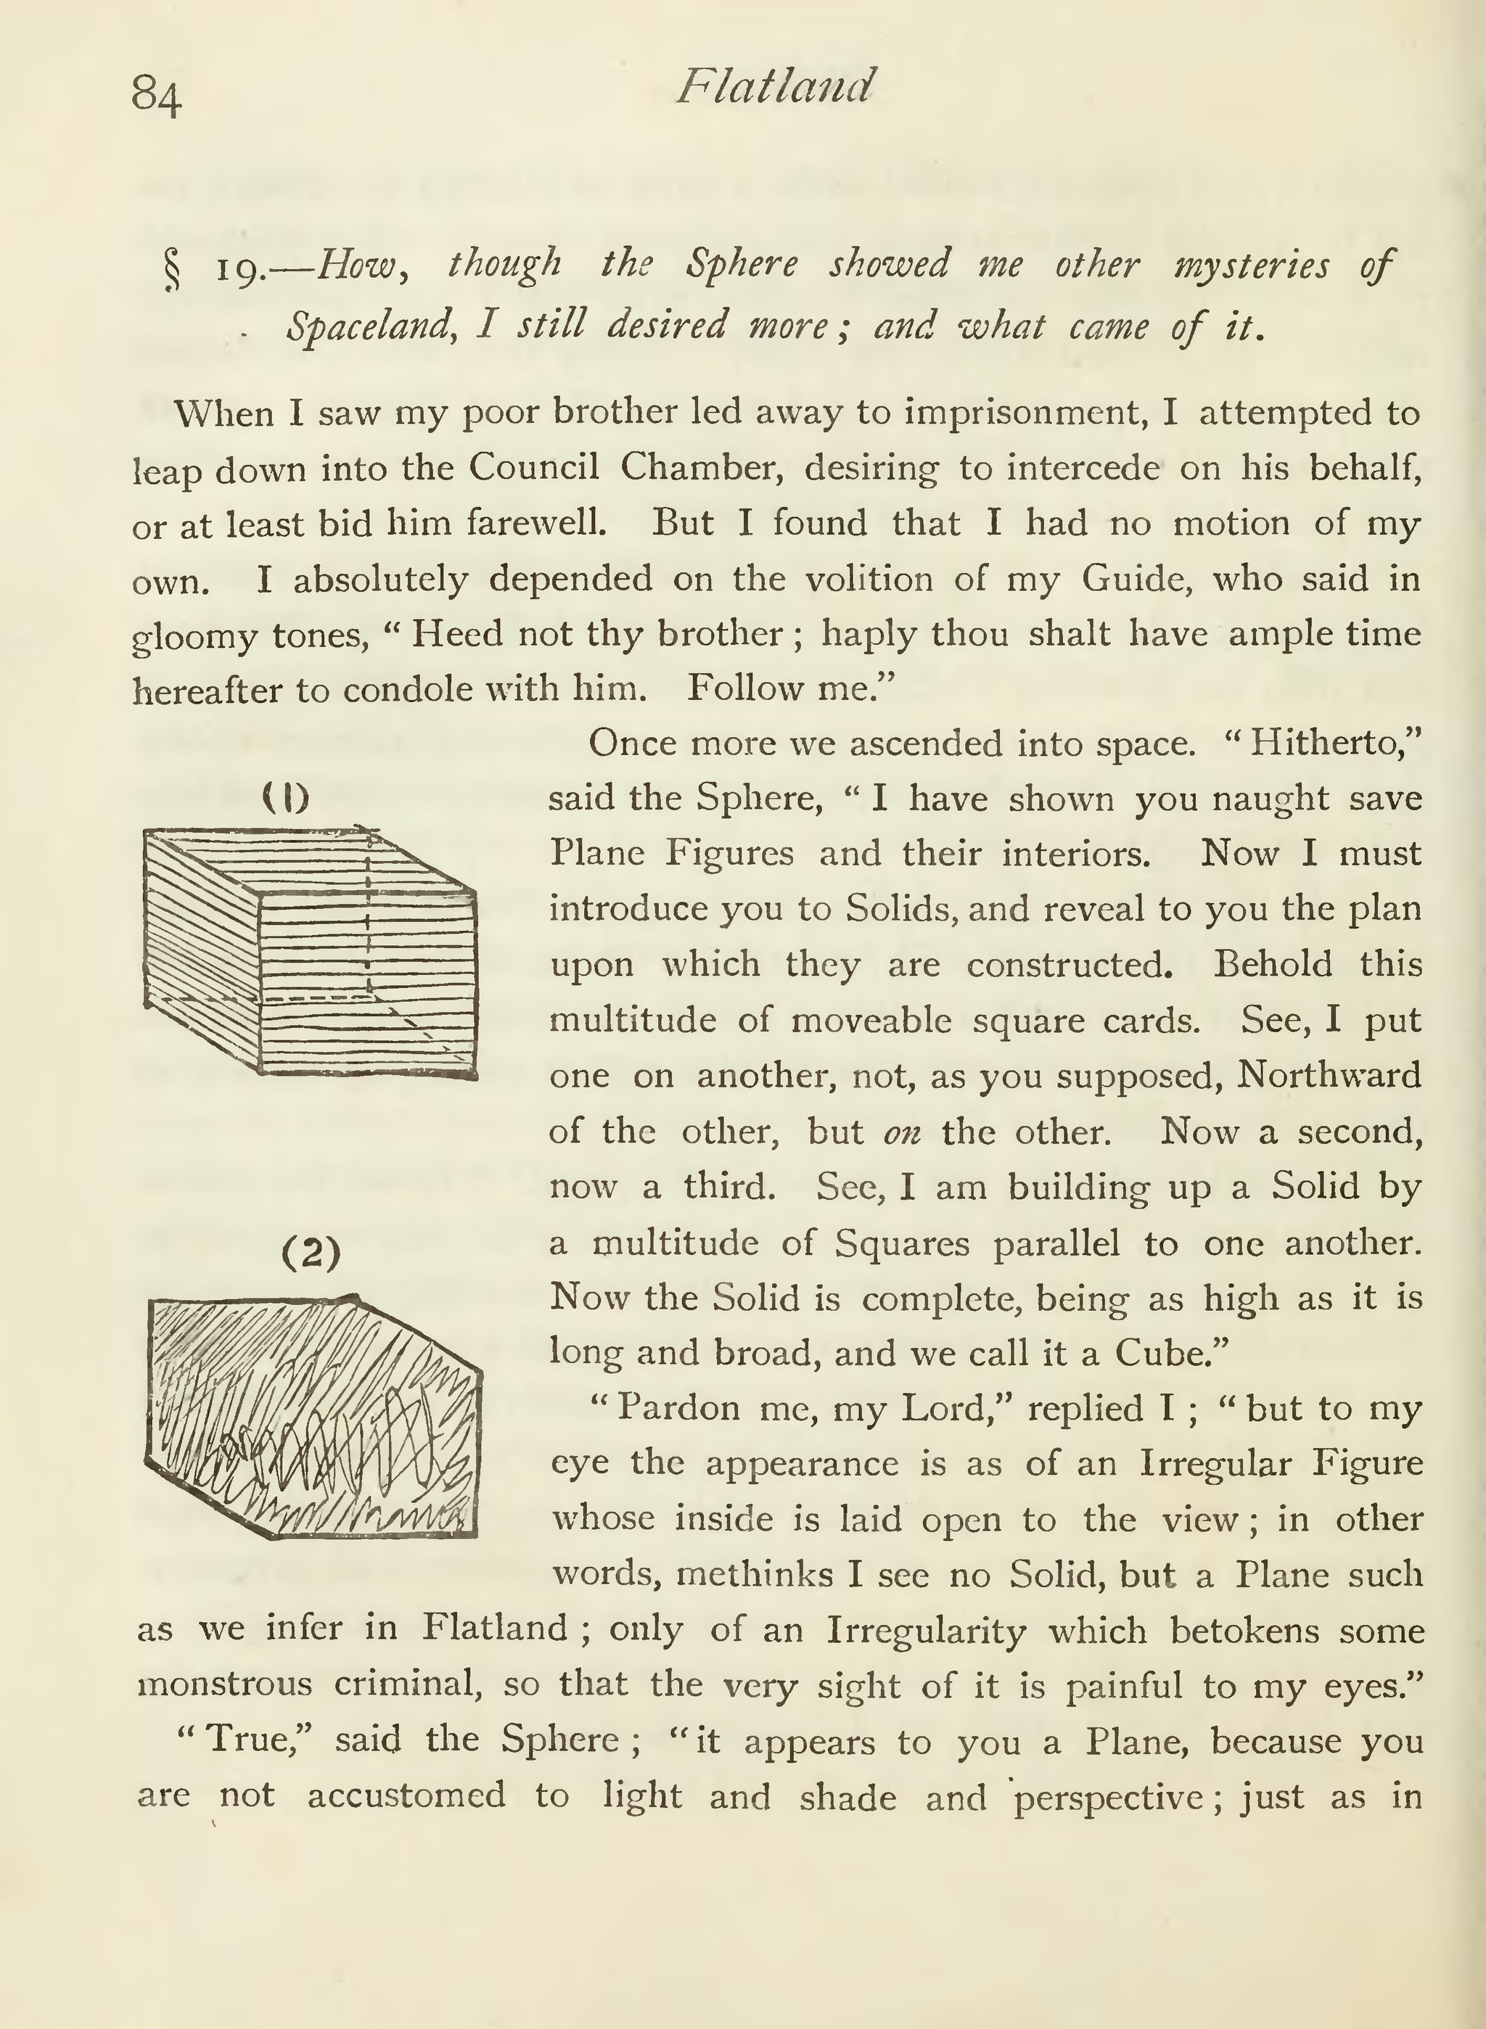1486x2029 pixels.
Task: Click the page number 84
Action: tap(157, 94)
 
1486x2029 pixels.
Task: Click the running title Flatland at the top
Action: tap(774, 87)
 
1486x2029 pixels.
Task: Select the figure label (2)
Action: tap(311, 1253)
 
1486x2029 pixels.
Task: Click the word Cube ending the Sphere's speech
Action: tap(1160, 1353)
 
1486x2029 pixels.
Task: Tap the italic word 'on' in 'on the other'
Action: tap(902, 1132)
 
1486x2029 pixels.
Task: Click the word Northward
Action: tap(1329, 1076)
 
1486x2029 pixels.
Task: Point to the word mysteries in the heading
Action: tap(1251, 267)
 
